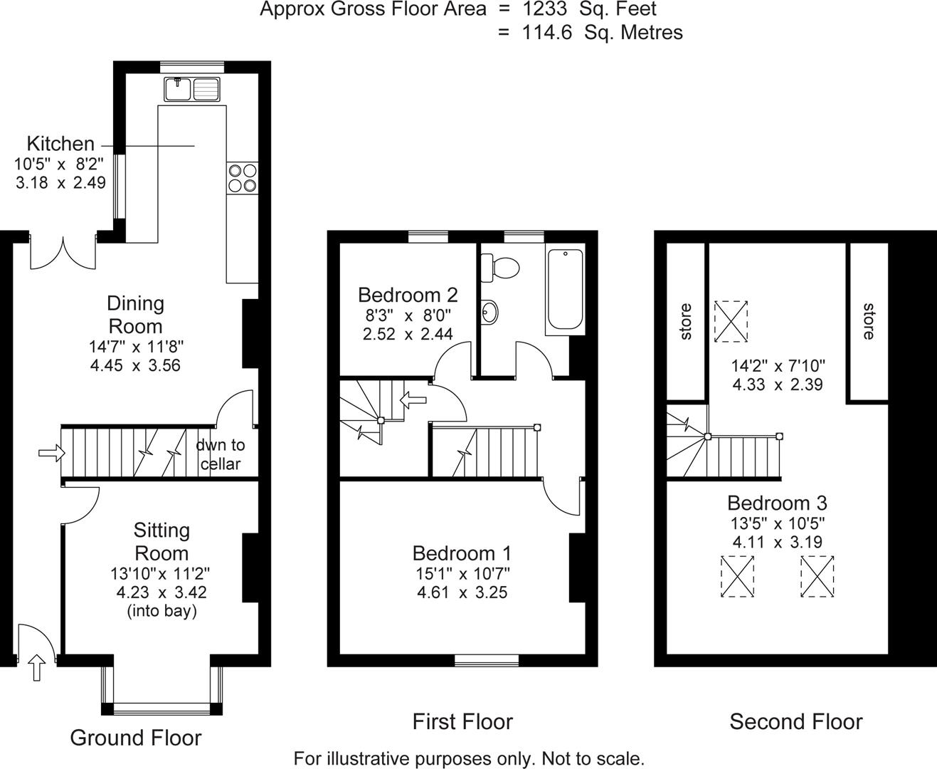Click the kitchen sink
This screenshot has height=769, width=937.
193,89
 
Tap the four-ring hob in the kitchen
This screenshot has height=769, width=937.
242,177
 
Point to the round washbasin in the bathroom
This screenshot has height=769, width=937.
489,311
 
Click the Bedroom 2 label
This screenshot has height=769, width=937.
408,295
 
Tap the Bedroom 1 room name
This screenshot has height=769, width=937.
462,553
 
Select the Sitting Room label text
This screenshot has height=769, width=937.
162,542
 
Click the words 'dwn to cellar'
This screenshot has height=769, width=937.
220,454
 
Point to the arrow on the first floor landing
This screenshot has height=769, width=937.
413,400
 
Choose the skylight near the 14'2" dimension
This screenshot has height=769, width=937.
731,321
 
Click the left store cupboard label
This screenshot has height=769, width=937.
686,321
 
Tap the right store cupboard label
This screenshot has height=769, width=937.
868,321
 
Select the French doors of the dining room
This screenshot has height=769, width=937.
63,252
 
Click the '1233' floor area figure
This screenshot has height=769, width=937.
546,10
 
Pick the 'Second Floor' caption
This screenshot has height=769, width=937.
795,722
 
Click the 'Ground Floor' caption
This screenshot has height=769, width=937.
135,738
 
